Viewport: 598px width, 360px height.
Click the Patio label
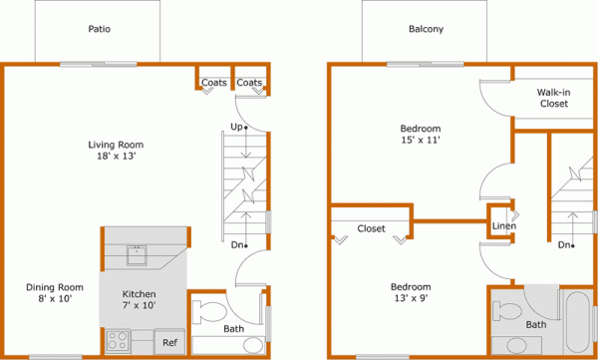coord(98,29)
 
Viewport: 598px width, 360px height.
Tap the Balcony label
coord(426,29)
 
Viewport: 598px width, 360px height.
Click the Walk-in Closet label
coord(553,97)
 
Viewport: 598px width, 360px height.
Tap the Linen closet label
coord(503,226)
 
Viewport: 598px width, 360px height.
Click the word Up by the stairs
coord(236,127)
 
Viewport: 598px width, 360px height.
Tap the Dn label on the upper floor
coord(564,244)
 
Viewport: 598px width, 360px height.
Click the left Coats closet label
coord(213,83)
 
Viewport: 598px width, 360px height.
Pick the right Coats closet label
coord(249,83)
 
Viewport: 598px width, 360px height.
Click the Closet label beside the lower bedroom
coord(371,228)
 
